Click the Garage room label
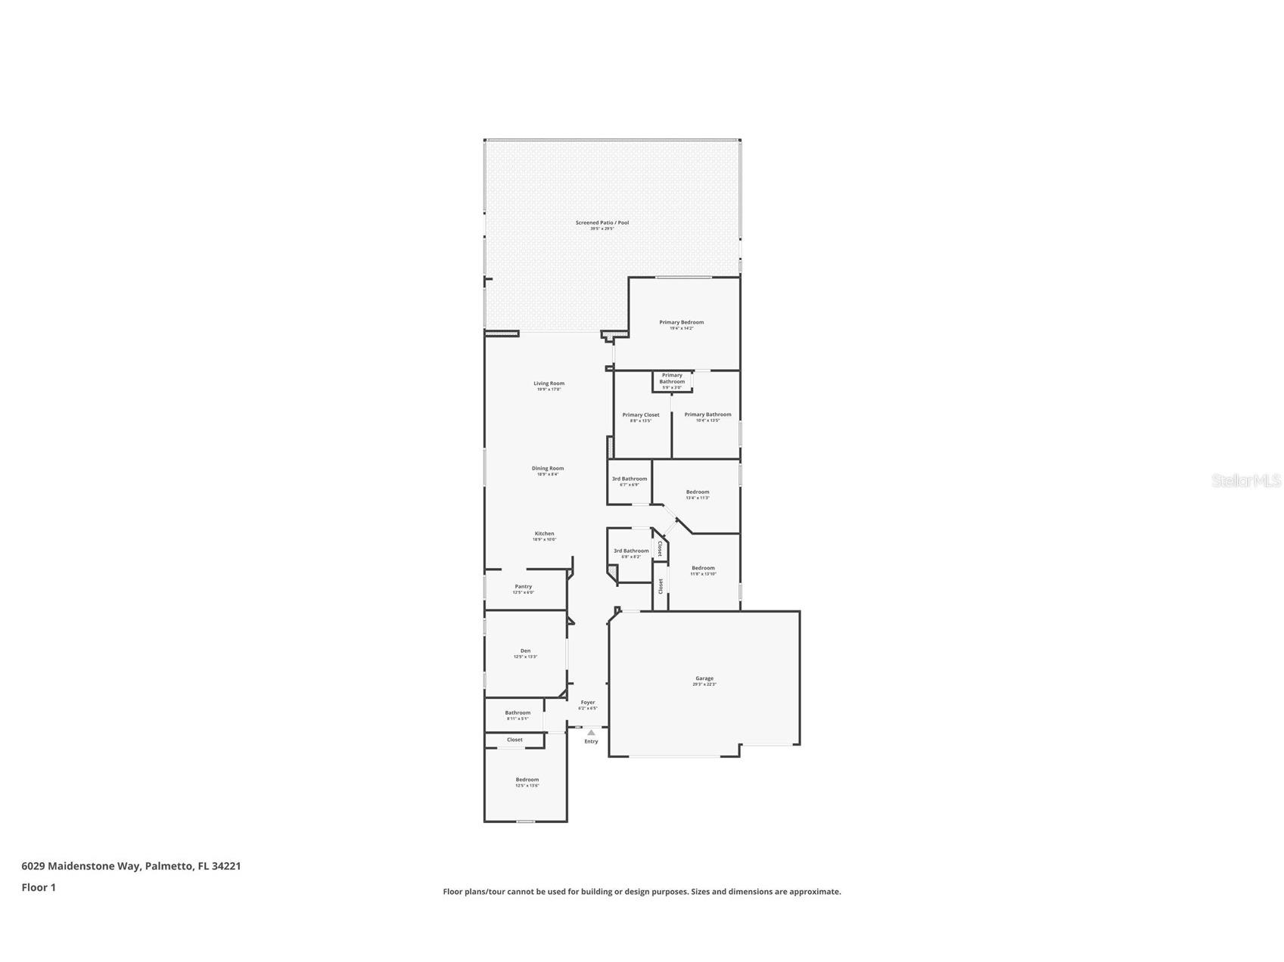tap(704, 678)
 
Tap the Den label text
tap(525, 651)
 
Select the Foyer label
tap(588, 703)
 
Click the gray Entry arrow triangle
tap(591, 732)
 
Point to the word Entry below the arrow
tap(591, 741)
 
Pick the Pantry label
tap(523, 587)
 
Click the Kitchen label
tap(544, 534)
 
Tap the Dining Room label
tap(547, 468)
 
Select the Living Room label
tap(549, 383)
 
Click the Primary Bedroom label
tap(681, 322)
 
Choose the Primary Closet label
tap(641, 415)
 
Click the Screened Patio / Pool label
tap(602, 222)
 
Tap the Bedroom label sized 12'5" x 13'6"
tap(527, 780)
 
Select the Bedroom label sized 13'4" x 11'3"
tap(698, 492)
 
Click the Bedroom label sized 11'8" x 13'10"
tap(703, 568)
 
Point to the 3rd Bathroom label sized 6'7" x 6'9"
tap(630, 479)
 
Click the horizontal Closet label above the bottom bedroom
tap(515, 740)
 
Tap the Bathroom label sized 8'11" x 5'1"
tap(518, 712)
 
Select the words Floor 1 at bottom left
tap(39, 887)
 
